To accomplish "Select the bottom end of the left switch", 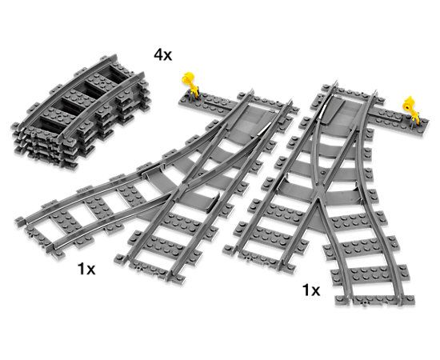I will click(x=188, y=264).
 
